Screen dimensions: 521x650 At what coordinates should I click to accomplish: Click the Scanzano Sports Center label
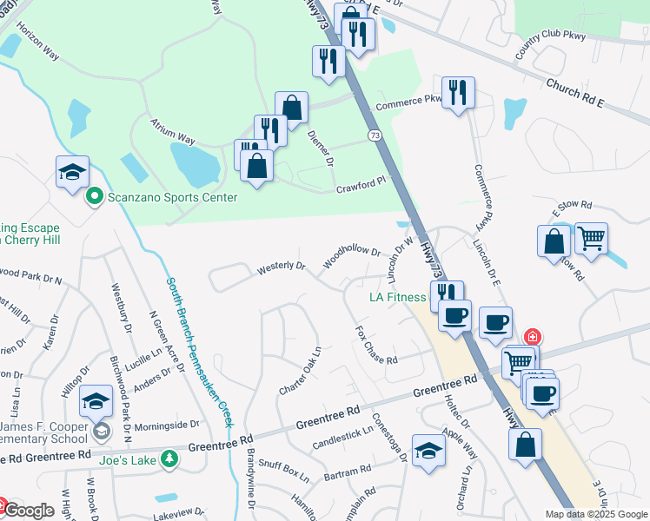point(172,197)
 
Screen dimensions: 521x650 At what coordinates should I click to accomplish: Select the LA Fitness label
point(397,296)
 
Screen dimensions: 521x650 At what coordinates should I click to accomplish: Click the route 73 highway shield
point(375,135)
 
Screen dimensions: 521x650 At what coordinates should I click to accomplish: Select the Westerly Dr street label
point(282,268)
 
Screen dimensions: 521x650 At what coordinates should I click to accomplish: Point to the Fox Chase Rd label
point(376,346)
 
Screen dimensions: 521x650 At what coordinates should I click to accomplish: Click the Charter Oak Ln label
point(302,370)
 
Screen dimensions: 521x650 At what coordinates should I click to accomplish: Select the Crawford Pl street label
point(360,186)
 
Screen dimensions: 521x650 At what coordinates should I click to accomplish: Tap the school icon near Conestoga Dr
point(428,451)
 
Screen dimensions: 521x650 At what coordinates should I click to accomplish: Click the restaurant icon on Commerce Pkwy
point(457,91)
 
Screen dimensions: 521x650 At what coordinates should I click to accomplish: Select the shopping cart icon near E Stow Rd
point(591,237)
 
